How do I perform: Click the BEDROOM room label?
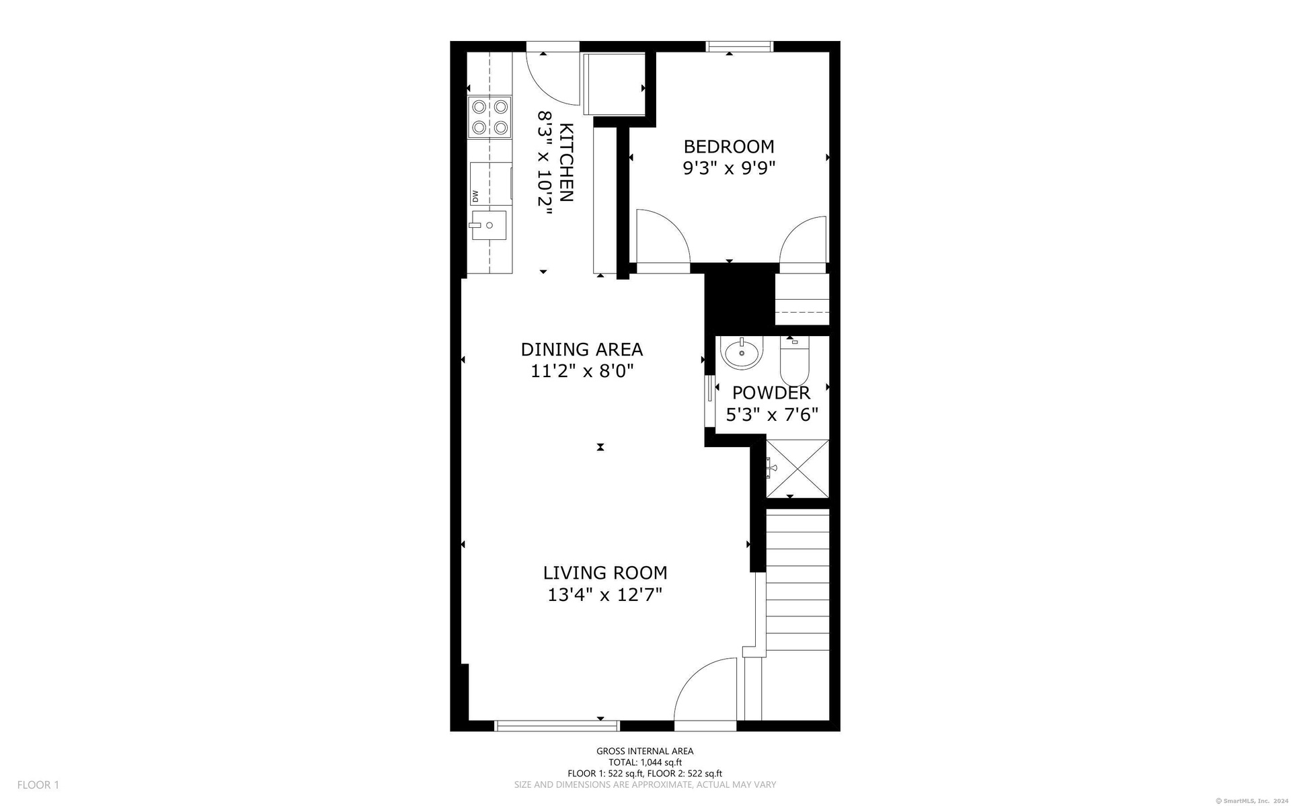tap(729, 147)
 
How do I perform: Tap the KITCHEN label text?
tap(567, 163)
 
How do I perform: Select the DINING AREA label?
tap(582, 350)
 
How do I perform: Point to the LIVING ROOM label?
tap(605, 573)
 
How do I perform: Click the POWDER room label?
tap(771, 393)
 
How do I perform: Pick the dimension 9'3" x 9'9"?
tap(730, 168)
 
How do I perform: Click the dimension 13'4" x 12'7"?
tap(605, 594)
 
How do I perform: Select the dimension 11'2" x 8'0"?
tap(582, 371)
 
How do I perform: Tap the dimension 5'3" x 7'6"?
tap(772, 414)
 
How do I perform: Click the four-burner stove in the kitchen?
tap(490, 117)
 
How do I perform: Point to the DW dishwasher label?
tap(475, 196)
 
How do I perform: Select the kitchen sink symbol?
tap(488, 225)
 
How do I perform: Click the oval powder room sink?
tap(742, 352)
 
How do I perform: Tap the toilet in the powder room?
tap(796, 361)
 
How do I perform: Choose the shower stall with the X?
tap(797, 468)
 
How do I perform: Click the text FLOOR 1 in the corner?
tap(38, 784)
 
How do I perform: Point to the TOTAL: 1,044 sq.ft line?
tap(645, 762)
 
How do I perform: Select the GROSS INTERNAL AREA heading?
tap(645, 752)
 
